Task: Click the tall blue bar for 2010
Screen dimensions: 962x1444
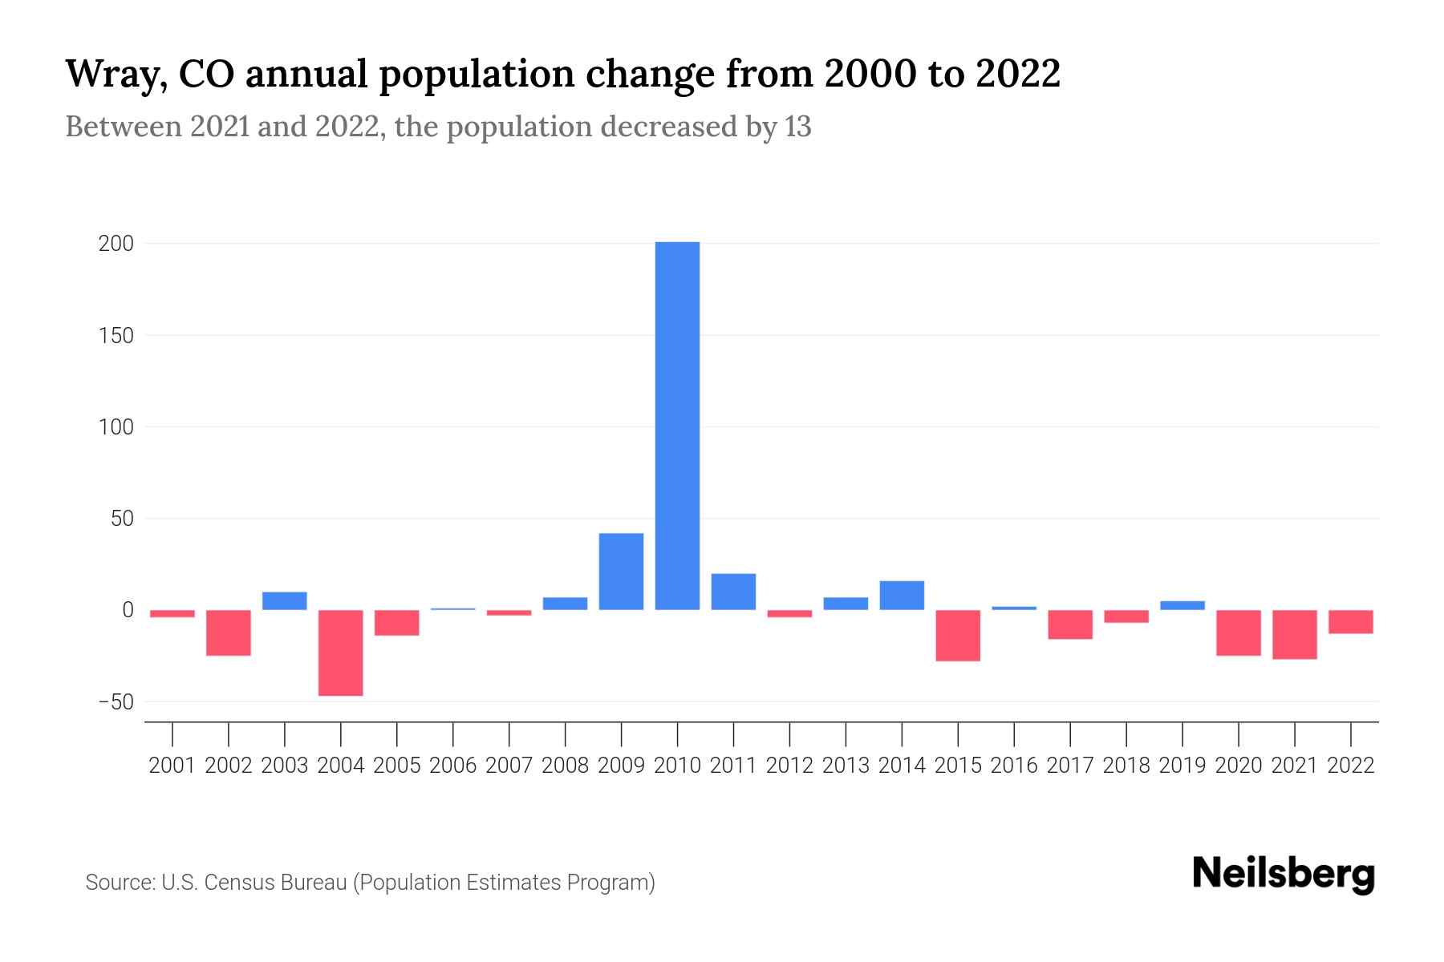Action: [677, 425]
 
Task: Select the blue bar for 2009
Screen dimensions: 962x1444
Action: [621, 572]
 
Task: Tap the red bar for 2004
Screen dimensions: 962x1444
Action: [341, 653]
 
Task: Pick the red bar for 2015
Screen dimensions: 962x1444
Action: [958, 636]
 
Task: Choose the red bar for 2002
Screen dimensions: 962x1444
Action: [229, 633]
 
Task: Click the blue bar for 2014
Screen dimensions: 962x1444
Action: [902, 596]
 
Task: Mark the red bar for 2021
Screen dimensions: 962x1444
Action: [1294, 635]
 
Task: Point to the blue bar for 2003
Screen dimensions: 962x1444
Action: [285, 601]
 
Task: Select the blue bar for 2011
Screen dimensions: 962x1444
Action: [733, 592]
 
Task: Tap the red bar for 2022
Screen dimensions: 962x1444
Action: [1350, 622]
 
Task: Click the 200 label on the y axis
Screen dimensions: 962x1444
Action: [116, 244]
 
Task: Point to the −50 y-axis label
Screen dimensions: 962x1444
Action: [115, 702]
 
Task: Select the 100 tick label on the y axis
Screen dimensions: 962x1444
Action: [116, 427]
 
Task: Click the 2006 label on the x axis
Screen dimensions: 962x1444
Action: [453, 766]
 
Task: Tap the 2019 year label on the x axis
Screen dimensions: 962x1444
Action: [1182, 766]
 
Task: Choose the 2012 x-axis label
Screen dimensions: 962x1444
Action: [789, 766]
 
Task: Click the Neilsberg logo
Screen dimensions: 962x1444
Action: [1284, 875]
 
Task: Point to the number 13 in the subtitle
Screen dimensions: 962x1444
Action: [798, 127]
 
